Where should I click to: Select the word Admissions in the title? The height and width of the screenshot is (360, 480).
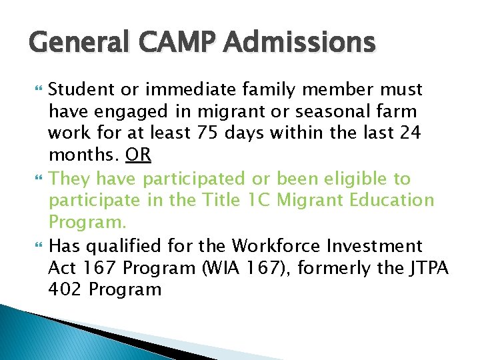[300, 43]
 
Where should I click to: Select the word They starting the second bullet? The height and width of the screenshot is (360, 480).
[69, 179]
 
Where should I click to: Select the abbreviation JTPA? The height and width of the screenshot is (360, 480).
[427, 268]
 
